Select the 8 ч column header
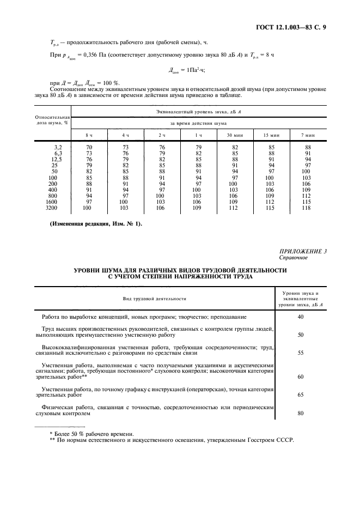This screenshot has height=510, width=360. (89, 134)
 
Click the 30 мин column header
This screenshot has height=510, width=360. (236, 134)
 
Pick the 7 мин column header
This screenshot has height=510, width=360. (308, 134)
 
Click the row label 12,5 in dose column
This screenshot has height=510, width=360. (56, 159)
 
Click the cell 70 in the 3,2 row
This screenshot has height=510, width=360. (88, 147)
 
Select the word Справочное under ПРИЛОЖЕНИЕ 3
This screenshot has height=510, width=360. (293, 258)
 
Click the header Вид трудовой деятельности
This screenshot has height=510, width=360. (154, 298)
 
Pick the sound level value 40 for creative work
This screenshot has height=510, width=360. (301, 317)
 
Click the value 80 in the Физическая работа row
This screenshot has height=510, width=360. (301, 412)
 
